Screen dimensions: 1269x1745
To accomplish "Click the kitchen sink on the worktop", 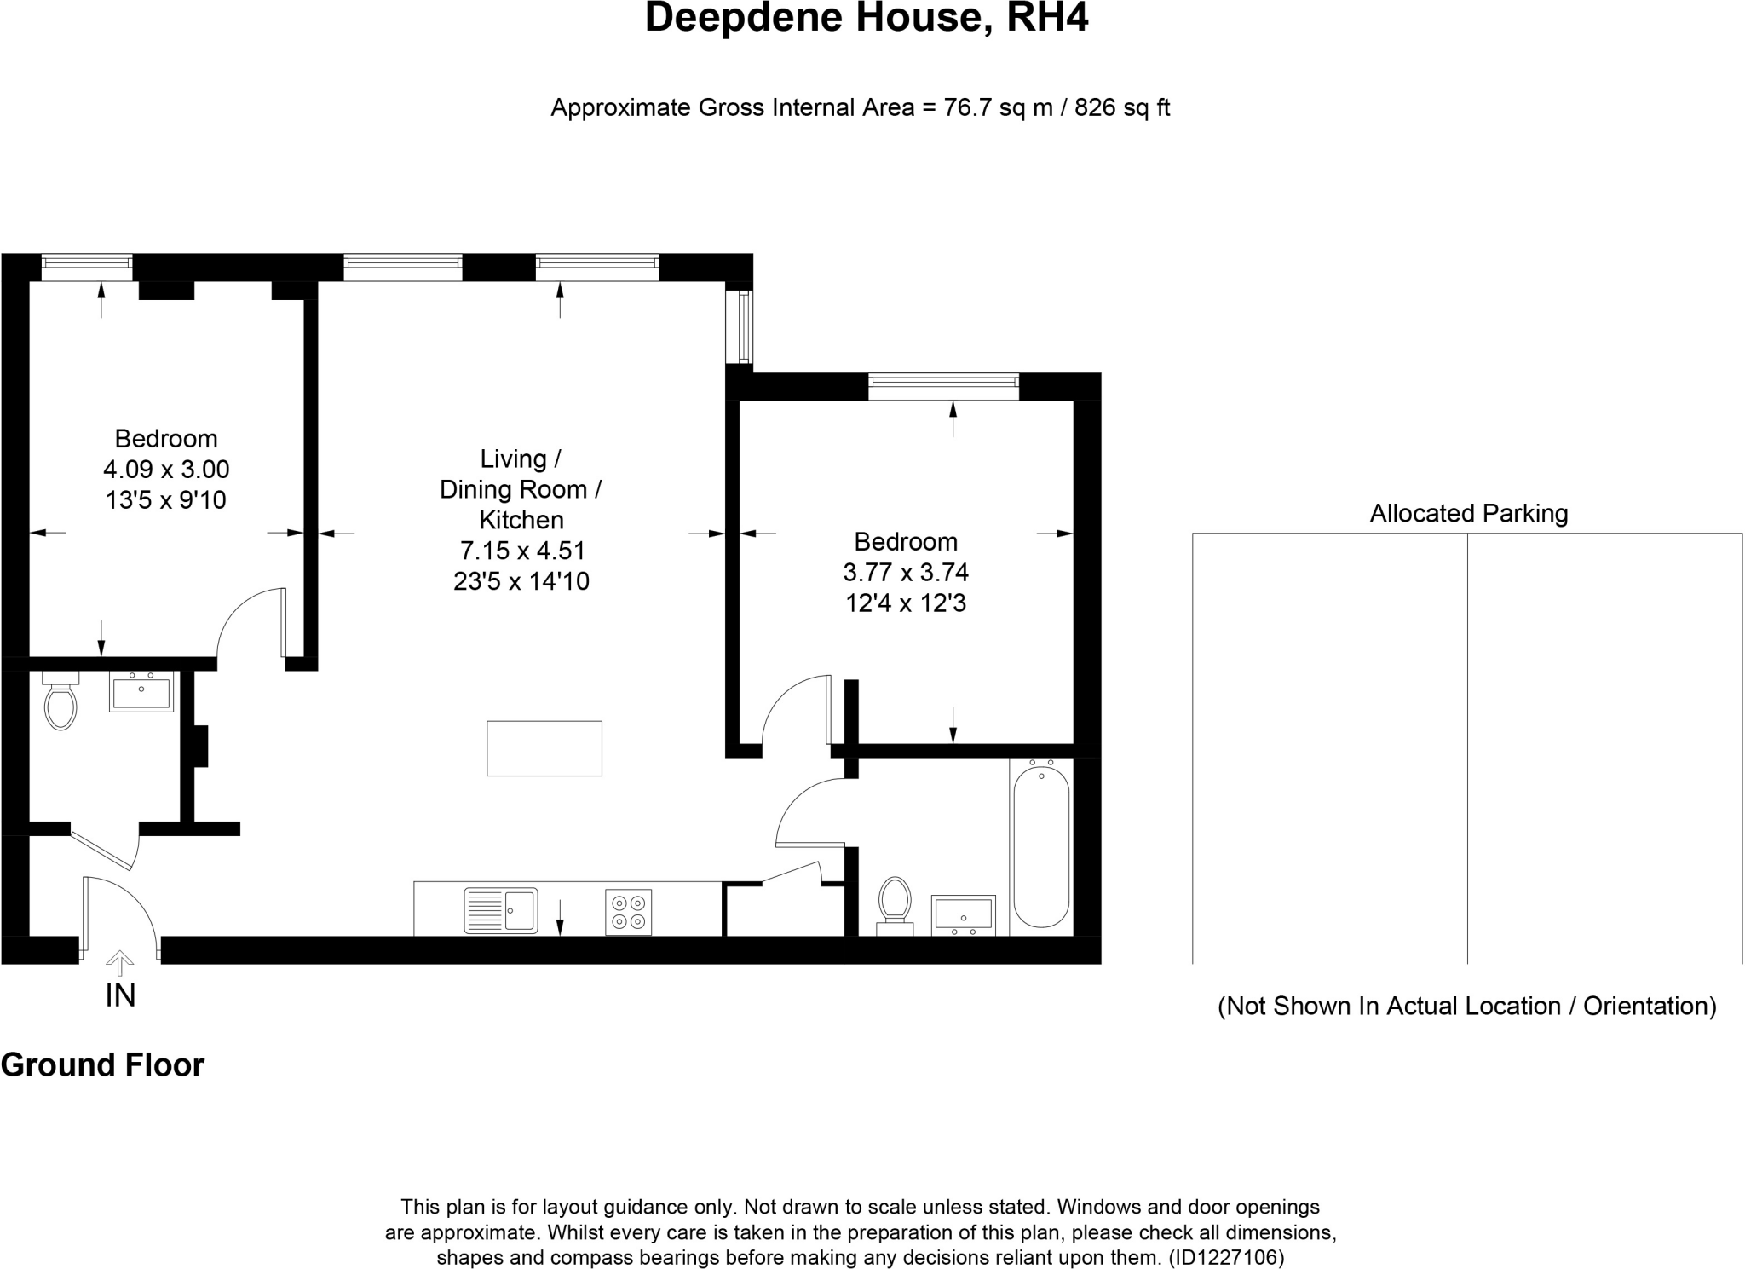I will (501, 910).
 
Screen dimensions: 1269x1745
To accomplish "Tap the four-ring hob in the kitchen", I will (629, 912).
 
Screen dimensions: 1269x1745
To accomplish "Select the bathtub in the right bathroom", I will (1040, 846).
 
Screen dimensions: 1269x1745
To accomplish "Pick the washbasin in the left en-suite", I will (141, 691).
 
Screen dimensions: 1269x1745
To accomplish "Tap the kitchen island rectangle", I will (544, 748).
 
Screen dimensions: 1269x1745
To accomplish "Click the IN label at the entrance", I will (120, 995).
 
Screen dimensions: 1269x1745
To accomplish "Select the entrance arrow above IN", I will (119, 963).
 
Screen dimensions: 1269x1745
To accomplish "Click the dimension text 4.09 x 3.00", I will (166, 470).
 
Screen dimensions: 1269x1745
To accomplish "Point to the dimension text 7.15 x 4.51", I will (522, 551).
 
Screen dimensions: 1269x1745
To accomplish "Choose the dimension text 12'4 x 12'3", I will (906, 603).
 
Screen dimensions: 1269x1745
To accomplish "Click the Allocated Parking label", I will (1468, 513).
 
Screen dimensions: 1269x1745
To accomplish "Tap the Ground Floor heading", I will (102, 1065).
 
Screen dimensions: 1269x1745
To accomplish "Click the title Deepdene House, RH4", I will (867, 18).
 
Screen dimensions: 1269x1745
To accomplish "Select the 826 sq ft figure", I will (1122, 108).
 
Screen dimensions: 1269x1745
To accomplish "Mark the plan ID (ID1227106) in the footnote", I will (1226, 1257).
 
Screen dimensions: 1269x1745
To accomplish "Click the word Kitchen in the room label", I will (521, 520).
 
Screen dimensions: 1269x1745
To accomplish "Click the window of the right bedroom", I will (944, 386).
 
